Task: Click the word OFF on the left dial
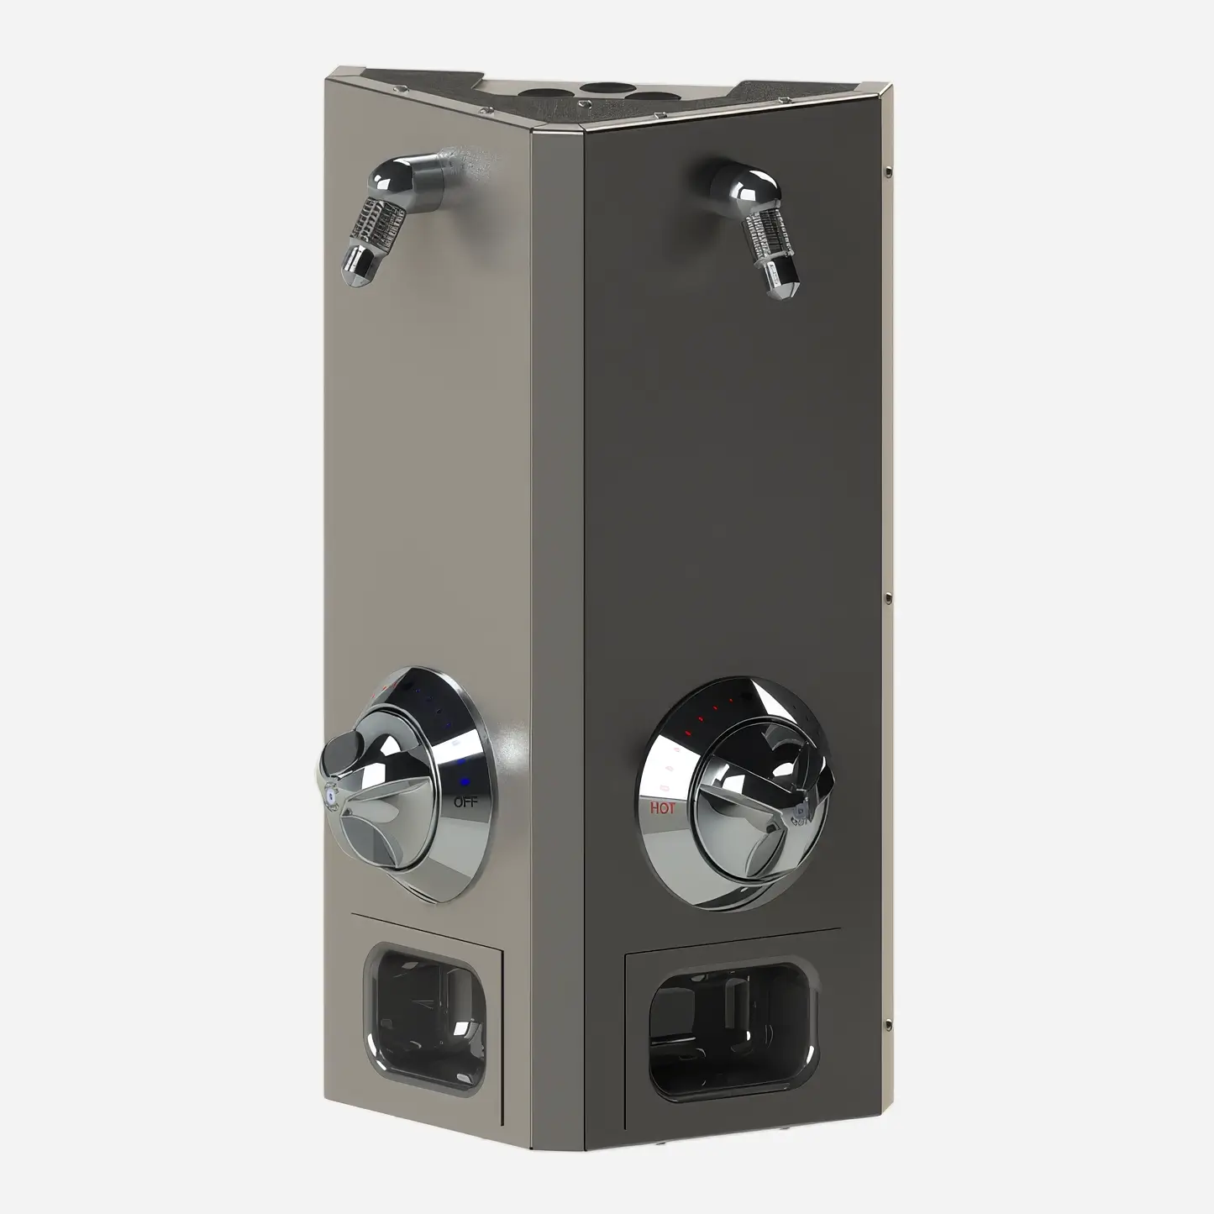point(465,802)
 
